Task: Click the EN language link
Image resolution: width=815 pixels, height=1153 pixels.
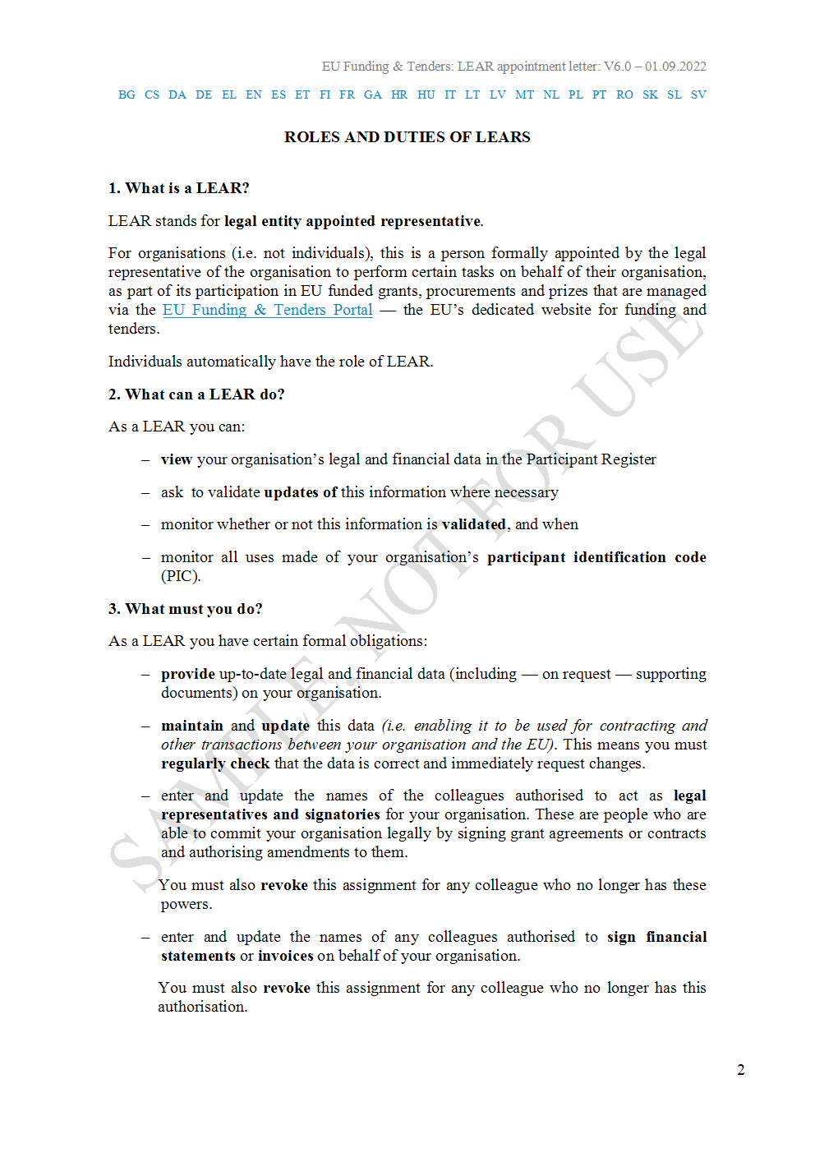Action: tap(254, 95)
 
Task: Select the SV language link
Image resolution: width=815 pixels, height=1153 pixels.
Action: tap(698, 95)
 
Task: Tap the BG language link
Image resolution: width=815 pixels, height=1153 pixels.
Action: tap(127, 95)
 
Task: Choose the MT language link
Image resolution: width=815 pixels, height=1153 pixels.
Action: tap(524, 95)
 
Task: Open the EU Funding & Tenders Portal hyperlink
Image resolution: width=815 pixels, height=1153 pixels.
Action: tap(267, 310)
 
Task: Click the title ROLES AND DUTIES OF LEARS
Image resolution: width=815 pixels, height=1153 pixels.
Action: tap(407, 137)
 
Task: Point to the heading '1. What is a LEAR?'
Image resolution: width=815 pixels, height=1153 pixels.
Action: tap(178, 188)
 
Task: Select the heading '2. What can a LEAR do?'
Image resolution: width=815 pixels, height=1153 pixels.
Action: tap(196, 394)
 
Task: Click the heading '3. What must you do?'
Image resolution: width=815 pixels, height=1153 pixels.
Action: tap(185, 609)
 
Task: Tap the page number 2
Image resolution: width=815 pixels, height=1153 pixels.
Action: tap(740, 1070)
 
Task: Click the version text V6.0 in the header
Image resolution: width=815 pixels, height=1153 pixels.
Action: tap(617, 67)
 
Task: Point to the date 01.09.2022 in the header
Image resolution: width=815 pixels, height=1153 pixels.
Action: tap(675, 67)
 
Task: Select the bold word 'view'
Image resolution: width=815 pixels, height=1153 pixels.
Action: tap(176, 459)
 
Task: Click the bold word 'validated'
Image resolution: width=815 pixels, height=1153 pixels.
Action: tap(473, 524)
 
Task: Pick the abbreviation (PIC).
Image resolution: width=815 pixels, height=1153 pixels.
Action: tap(180, 576)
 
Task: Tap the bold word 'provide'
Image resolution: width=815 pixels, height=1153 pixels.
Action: tap(187, 674)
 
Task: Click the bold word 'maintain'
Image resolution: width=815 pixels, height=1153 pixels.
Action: tap(191, 726)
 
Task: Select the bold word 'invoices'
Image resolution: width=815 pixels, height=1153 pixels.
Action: tap(285, 956)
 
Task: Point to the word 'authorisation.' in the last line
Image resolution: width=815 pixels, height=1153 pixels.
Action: tap(202, 1007)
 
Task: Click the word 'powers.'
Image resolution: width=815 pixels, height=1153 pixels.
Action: tap(186, 904)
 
